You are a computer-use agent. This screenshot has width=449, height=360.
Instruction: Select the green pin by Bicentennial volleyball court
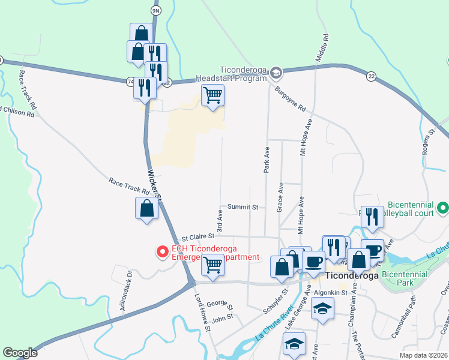click(443, 208)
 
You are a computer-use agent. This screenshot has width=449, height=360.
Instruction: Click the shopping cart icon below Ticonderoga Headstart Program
click(212, 95)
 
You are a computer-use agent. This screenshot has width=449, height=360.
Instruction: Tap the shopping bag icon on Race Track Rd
click(146, 209)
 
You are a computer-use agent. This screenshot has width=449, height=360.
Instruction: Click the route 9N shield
click(156, 11)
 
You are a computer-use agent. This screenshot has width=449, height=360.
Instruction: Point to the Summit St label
click(243, 207)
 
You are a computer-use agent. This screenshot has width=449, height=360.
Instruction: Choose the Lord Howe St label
click(202, 312)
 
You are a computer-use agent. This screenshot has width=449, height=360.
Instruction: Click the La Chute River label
click(276, 323)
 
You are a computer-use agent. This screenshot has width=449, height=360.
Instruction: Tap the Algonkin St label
click(331, 293)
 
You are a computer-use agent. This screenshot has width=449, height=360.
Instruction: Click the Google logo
click(20, 353)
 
